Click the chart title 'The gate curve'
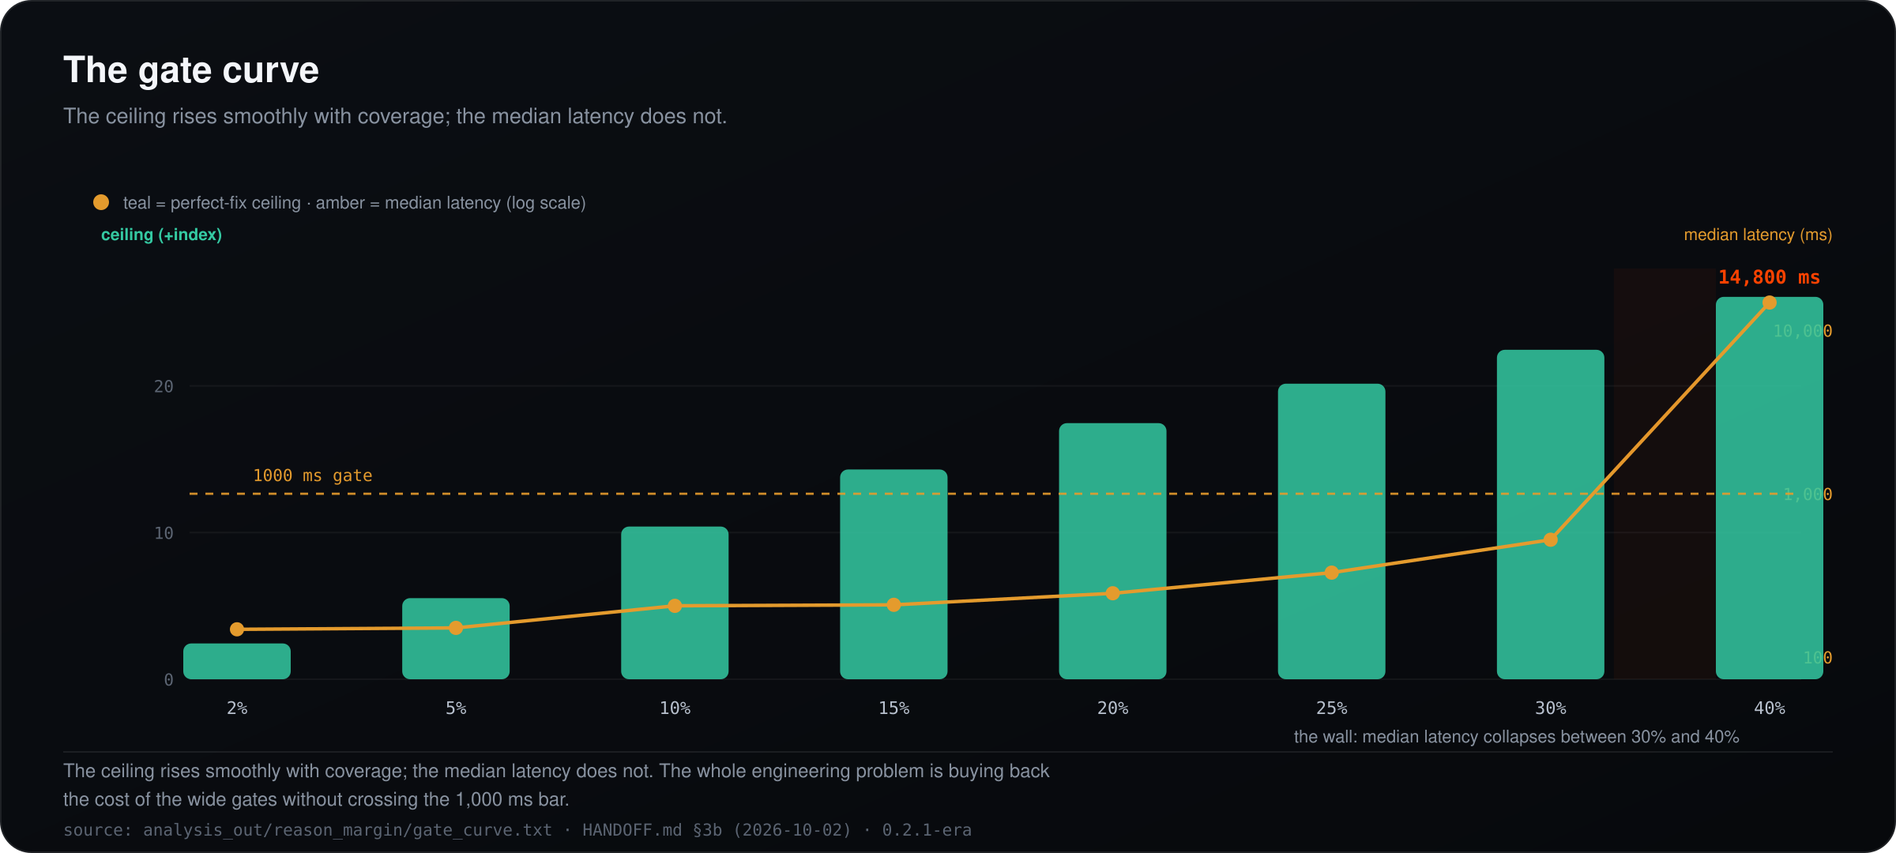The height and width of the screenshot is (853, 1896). [x=191, y=70]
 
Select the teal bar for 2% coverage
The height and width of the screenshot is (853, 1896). [x=237, y=661]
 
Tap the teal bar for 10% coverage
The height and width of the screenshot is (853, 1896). [x=675, y=603]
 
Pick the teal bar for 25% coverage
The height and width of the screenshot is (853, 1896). [x=1331, y=532]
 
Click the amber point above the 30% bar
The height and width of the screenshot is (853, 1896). [x=1550, y=540]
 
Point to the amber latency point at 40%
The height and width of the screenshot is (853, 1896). [x=1770, y=302]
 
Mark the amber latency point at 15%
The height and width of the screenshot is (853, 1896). [x=893, y=605]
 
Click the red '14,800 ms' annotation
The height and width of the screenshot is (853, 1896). [x=1769, y=277]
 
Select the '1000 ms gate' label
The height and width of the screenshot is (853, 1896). [x=312, y=475]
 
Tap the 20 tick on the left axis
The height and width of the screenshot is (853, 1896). [x=164, y=386]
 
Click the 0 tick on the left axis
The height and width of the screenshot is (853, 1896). [x=168, y=680]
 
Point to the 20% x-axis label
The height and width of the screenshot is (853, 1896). [x=1112, y=708]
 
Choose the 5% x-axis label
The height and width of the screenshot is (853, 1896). [x=456, y=708]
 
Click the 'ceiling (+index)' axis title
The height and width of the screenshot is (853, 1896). [x=161, y=235]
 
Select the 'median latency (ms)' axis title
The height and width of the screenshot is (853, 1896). [x=1758, y=235]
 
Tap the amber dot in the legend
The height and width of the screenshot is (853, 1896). [x=101, y=202]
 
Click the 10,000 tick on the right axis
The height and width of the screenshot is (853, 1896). [x=1803, y=331]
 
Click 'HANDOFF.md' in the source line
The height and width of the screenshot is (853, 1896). [x=632, y=830]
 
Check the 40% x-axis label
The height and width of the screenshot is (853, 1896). [x=1770, y=708]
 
